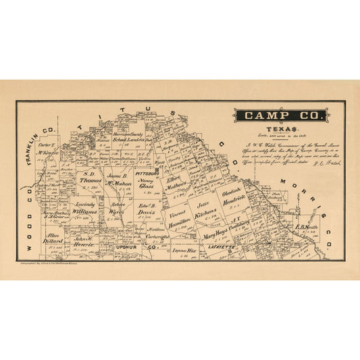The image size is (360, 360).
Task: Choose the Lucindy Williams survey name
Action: (x=82, y=207)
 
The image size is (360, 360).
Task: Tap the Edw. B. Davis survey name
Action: (x=147, y=207)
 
